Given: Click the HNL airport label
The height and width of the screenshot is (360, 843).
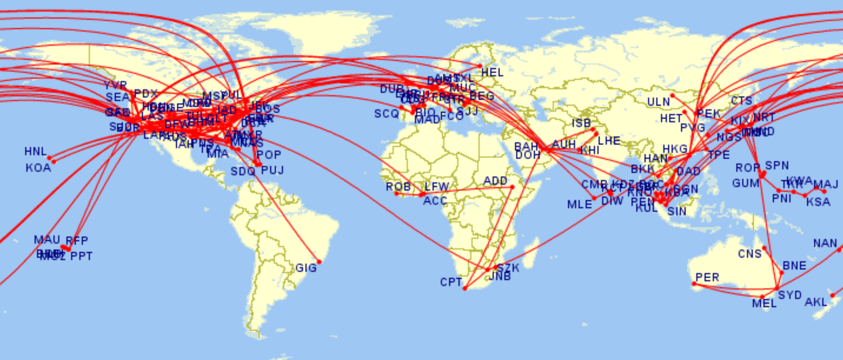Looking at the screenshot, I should [35, 152].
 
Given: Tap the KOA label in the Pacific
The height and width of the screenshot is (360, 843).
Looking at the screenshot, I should [38, 168].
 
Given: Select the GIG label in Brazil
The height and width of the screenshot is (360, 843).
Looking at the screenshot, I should [306, 268].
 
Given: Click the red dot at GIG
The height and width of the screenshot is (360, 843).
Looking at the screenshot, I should [319, 262].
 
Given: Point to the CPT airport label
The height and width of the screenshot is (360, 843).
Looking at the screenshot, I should [451, 282].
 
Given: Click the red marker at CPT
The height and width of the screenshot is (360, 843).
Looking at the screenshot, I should [465, 288].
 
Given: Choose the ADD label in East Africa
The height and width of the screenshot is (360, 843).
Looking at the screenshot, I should [495, 181].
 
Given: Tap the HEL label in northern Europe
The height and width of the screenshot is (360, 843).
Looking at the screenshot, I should [492, 73].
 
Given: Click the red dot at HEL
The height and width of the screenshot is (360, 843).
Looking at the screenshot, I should [480, 66].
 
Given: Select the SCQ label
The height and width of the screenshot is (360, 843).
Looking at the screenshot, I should [386, 114].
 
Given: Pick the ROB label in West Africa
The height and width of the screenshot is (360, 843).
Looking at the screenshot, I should [398, 187].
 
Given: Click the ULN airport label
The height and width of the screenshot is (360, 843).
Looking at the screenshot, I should [658, 102].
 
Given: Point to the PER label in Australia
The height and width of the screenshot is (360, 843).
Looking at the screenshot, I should [707, 278].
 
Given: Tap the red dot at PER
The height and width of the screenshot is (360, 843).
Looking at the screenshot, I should [694, 284].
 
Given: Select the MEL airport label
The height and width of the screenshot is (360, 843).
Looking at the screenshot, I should [764, 303].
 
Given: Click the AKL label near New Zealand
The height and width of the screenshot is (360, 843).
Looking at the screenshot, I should [816, 302].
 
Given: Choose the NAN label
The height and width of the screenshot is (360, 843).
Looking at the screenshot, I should [825, 244].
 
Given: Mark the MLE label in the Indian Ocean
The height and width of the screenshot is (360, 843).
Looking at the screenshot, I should [579, 205].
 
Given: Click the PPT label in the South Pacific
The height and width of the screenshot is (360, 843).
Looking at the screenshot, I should [81, 257].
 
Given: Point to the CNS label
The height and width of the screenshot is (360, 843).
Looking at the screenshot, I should [749, 254].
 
